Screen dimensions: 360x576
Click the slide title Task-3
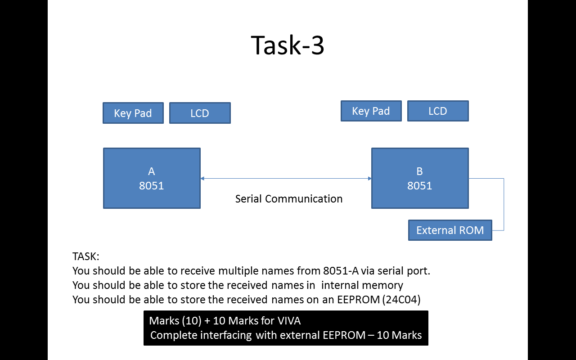(288, 45)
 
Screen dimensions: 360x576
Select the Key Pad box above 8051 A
(133, 113)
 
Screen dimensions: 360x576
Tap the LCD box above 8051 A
(200, 113)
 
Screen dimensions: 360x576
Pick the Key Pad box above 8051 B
(371, 111)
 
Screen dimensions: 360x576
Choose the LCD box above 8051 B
(438, 111)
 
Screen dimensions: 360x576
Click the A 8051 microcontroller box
(152, 178)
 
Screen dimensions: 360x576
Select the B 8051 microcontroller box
(420, 178)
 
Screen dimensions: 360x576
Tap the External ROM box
(450, 230)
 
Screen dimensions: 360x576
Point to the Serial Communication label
(289, 199)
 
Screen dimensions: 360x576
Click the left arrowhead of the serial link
(202, 179)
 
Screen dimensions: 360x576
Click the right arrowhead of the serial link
(369, 179)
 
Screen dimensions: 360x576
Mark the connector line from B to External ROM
(504, 205)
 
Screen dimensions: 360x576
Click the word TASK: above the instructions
(86, 256)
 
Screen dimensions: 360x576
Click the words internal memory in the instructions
(362, 285)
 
